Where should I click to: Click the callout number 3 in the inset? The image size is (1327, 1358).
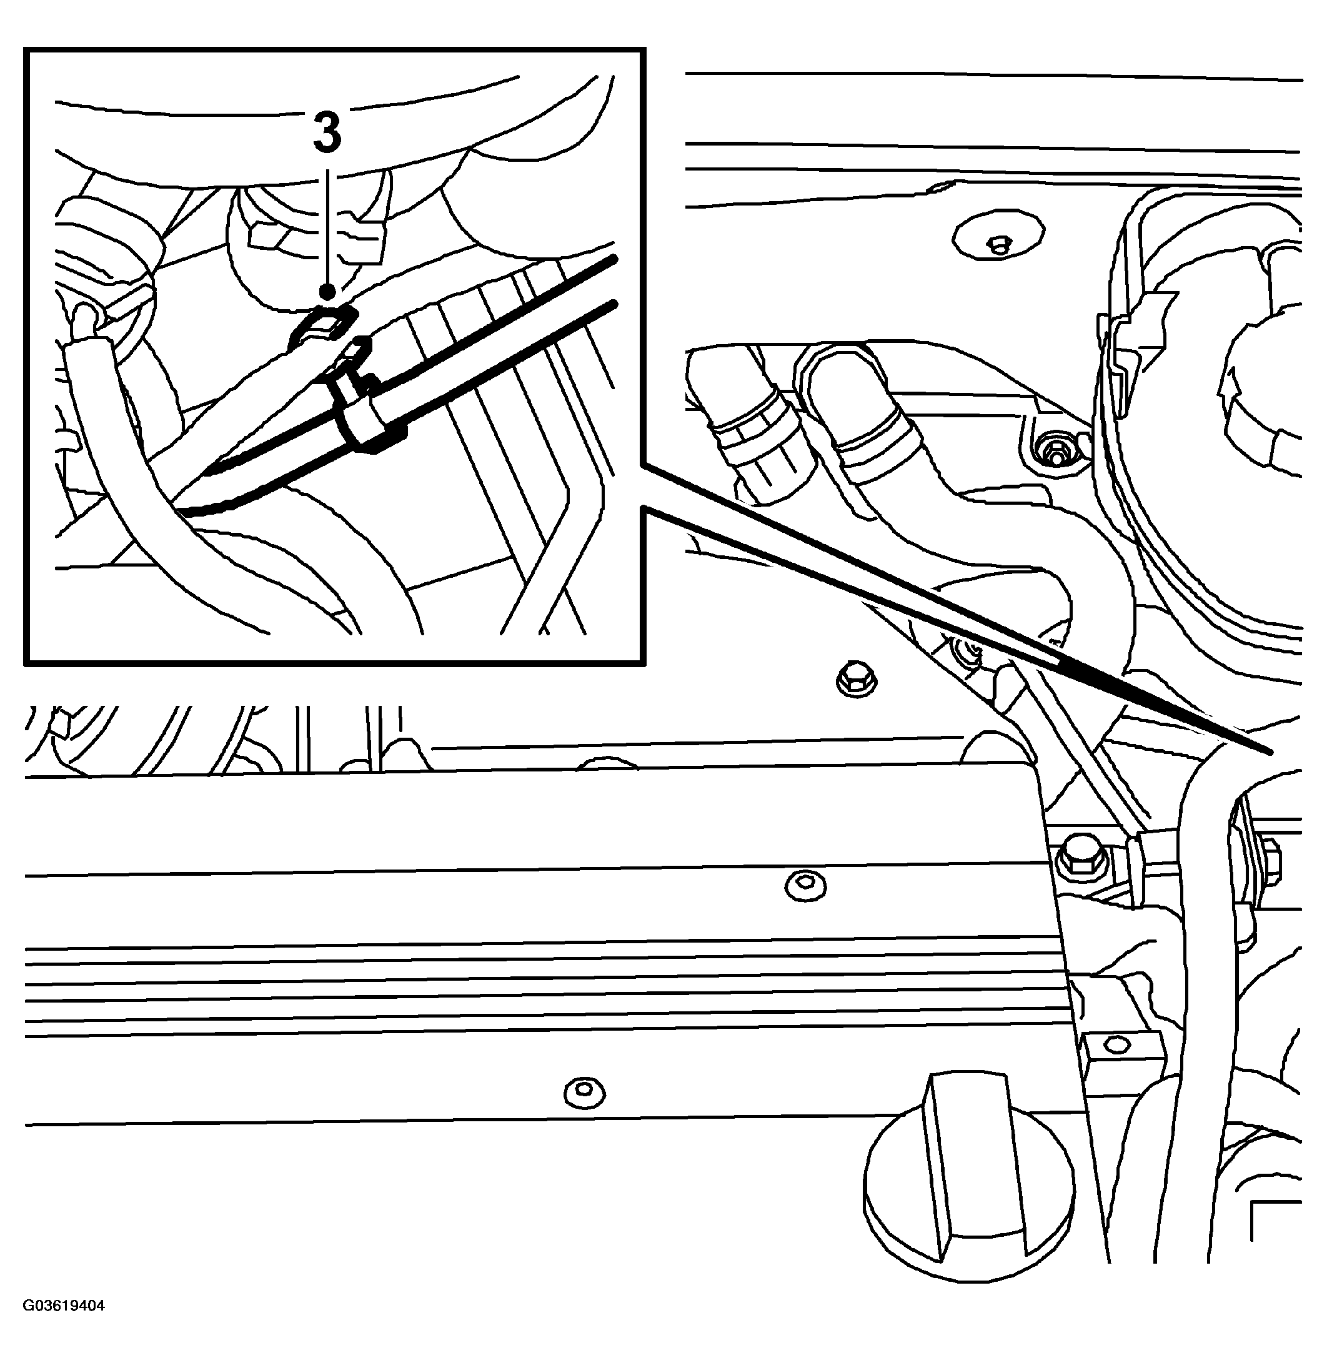pos(327,133)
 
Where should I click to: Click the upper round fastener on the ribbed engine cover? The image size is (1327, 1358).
pos(806,886)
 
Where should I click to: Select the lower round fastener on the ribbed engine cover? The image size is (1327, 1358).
pos(585,1092)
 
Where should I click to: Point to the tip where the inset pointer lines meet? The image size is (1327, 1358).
pos(1270,753)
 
